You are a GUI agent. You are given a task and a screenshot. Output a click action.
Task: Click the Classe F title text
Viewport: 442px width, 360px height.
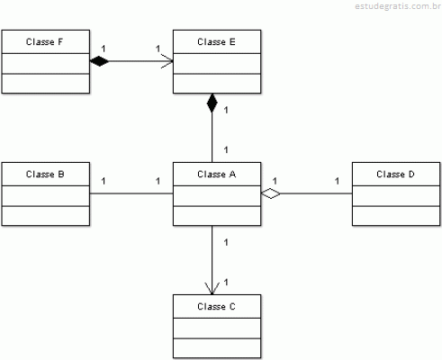(x=44, y=41)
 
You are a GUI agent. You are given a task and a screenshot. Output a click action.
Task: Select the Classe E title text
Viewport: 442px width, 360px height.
(x=216, y=41)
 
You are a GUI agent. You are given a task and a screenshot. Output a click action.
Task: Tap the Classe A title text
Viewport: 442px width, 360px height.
(x=217, y=174)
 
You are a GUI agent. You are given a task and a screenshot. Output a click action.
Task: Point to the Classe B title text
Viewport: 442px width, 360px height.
(x=45, y=174)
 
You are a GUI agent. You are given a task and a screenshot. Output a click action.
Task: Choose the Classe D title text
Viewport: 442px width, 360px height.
(x=395, y=174)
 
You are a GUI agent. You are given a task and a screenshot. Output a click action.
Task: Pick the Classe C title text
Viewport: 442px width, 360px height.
(x=216, y=306)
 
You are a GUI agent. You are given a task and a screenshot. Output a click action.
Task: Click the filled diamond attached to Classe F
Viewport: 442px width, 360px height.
(x=99, y=61)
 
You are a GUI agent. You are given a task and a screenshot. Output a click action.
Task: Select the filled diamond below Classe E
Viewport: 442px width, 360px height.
(x=212, y=103)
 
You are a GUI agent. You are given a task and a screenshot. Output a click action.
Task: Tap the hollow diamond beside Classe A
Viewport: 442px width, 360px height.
(x=271, y=193)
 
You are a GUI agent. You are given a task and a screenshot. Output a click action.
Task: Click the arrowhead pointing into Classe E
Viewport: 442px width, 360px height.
(x=167, y=61)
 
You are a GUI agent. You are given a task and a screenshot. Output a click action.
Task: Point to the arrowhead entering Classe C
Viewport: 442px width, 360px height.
(x=212, y=289)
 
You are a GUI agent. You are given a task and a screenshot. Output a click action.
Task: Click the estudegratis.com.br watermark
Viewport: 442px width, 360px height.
(x=398, y=6)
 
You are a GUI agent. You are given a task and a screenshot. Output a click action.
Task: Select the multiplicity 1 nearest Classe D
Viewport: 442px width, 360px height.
(x=337, y=181)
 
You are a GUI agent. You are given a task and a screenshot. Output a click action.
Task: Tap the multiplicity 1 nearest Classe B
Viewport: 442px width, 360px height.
(x=104, y=181)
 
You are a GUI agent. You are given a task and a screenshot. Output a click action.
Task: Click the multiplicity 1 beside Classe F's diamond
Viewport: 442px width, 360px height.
(x=104, y=49)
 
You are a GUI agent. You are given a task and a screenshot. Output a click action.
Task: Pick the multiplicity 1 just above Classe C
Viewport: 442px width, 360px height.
(x=226, y=282)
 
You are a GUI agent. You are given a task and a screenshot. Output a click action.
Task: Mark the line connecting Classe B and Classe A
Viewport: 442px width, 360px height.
(x=131, y=193)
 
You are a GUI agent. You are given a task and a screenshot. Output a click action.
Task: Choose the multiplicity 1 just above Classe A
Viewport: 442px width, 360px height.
(x=226, y=149)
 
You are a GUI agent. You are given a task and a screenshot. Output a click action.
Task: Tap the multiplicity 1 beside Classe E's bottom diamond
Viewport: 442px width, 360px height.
(x=226, y=110)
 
